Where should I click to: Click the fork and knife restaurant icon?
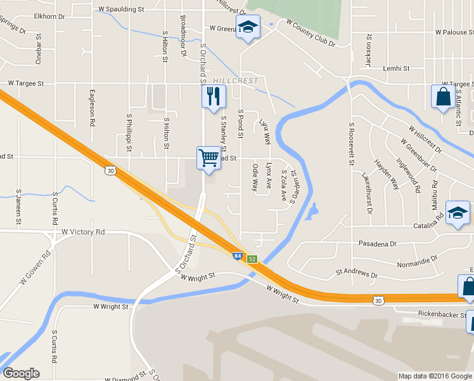[x=214, y=97]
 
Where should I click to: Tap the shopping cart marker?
[x=209, y=157]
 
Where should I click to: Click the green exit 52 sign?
[x=252, y=259]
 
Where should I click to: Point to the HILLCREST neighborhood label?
[x=236, y=81]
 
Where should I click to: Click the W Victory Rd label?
[x=83, y=232]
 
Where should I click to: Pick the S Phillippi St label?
[x=129, y=133]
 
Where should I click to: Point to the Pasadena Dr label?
[x=377, y=243]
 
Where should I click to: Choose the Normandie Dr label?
[x=417, y=260]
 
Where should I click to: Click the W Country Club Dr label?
[x=311, y=32]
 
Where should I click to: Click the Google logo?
[x=21, y=373]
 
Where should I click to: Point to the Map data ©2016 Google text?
[x=435, y=376]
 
